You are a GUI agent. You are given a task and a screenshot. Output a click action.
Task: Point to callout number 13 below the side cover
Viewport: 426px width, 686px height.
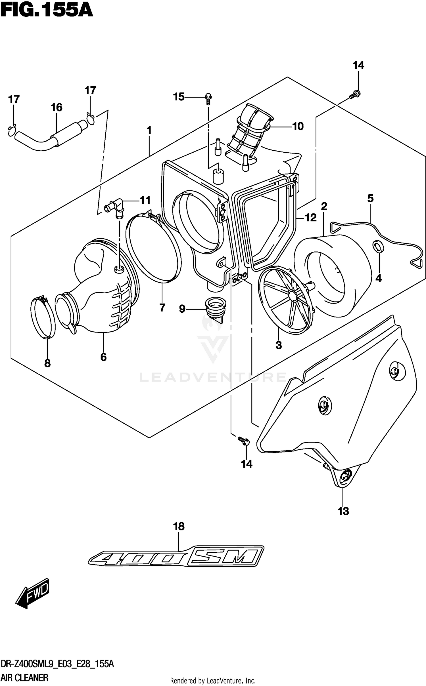(343, 511)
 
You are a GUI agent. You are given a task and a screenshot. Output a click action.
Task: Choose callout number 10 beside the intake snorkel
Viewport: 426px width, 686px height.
(298, 126)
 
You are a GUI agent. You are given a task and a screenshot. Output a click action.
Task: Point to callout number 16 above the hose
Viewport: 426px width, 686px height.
(57, 108)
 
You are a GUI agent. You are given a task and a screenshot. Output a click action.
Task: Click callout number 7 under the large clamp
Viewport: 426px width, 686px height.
(162, 307)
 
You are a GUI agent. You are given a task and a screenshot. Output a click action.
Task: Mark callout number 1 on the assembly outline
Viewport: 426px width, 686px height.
(149, 131)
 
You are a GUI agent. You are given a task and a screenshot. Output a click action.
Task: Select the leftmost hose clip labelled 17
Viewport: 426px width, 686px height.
(12, 130)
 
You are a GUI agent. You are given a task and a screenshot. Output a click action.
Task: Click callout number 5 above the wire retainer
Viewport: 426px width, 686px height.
(370, 198)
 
